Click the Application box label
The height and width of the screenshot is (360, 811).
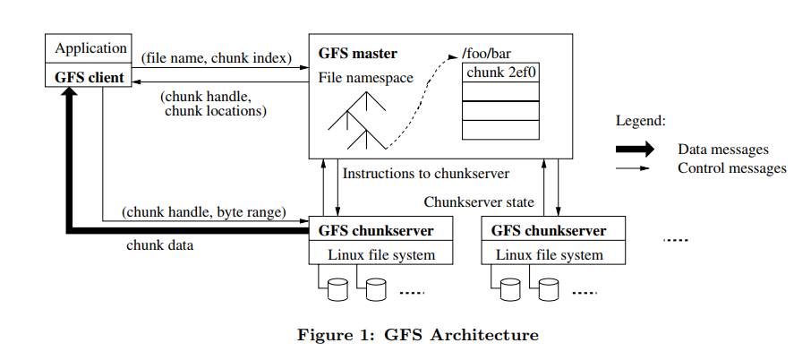(x=91, y=48)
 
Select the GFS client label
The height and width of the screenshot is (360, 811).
(x=90, y=78)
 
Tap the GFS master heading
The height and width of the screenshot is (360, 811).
(x=358, y=53)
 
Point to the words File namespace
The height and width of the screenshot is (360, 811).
(x=366, y=78)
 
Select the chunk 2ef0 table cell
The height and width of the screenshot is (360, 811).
(x=500, y=73)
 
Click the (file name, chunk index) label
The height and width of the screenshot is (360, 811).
(x=217, y=58)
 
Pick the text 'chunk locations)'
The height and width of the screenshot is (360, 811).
(x=216, y=111)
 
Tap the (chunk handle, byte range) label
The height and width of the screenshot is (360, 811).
(x=204, y=212)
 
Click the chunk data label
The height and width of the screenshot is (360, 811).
(x=160, y=245)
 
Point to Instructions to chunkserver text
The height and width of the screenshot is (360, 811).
(x=426, y=173)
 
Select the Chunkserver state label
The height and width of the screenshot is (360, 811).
(x=479, y=202)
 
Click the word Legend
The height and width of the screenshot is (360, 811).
(x=640, y=121)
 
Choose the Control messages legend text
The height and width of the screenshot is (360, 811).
(x=732, y=168)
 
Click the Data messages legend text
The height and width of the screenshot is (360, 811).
(x=723, y=150)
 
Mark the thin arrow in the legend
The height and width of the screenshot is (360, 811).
(x=633, y=168)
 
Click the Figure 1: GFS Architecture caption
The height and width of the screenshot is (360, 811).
(x=418, y=335)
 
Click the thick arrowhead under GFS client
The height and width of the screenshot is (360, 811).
(x=69, y=91)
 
